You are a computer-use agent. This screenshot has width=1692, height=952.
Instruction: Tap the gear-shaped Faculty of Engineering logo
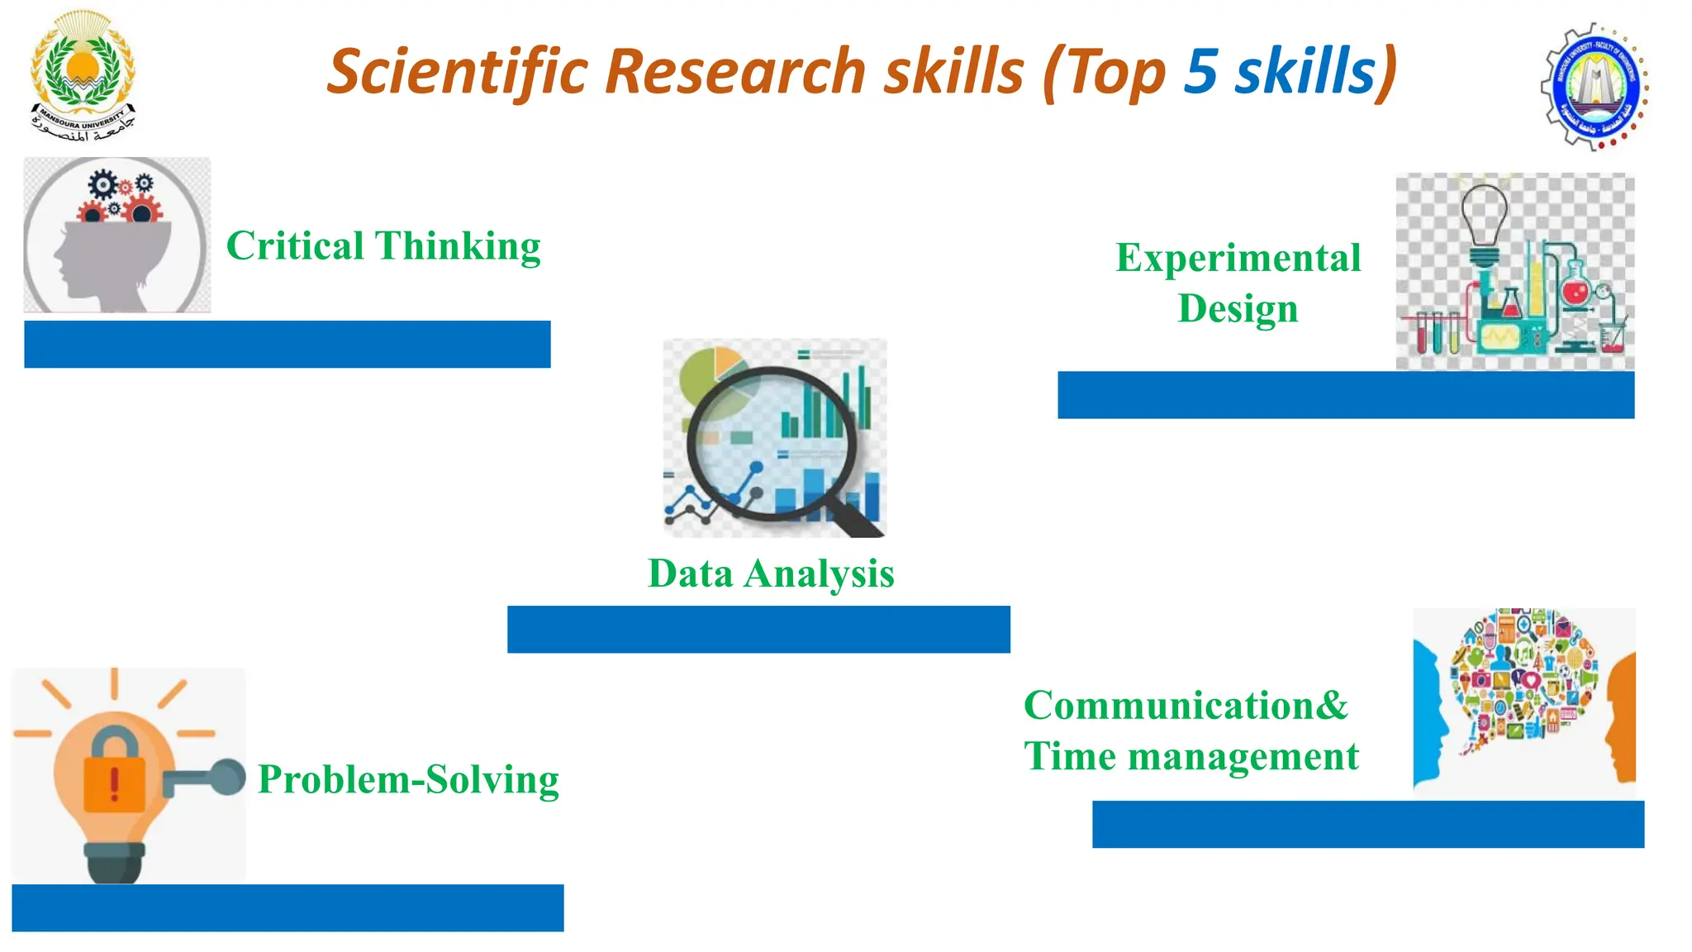click(1595, 87)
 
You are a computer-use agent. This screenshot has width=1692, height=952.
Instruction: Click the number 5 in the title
click(1200, 71)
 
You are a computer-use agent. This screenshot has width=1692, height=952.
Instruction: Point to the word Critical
click(295, 245)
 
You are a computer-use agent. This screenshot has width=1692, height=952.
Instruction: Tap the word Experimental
click(1238, 257)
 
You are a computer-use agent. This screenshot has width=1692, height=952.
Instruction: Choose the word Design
click(1238, 309)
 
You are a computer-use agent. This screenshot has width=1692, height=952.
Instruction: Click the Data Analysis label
click(770, 574)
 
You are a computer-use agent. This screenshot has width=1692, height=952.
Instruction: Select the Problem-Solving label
click(408, 779)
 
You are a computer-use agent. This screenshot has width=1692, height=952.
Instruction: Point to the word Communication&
click(1186, 706)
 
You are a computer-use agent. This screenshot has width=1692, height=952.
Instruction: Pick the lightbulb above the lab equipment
click(1485, 217)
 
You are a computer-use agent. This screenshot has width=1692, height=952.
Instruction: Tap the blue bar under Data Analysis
click(758, 629)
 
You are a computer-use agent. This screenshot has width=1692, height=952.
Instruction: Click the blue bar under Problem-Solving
click(288, 907)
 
